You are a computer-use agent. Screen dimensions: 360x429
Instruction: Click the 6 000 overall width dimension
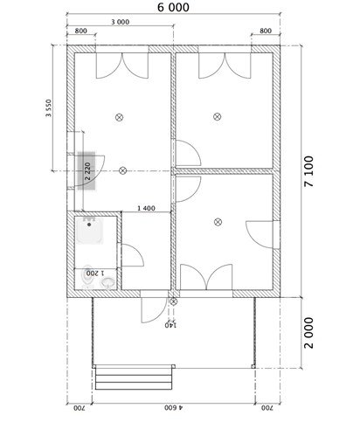(173, 7)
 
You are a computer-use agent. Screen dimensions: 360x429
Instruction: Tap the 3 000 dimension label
(121, 22)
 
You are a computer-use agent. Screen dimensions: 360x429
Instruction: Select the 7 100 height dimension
(308, 171)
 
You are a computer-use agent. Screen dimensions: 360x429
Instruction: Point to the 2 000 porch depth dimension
(308, 333)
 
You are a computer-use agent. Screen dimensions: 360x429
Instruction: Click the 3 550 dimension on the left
(49, 108)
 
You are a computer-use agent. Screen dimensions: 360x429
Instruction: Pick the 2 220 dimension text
(87, 171)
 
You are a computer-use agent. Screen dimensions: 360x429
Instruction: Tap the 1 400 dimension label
(146, 208)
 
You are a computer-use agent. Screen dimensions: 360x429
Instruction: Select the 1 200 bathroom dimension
(95, 273)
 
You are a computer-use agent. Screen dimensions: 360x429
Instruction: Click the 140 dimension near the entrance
(170, 325)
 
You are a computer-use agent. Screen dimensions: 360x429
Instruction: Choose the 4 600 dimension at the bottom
(173, 407)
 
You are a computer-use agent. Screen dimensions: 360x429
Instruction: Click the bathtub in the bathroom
(90, 230)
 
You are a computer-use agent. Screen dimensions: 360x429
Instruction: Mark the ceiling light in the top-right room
(217, 117)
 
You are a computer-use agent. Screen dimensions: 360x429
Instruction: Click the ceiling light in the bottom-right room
(218, 222)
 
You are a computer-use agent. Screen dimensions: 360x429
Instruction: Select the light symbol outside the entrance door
(173, 301)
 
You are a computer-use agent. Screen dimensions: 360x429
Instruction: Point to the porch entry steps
(134, 377)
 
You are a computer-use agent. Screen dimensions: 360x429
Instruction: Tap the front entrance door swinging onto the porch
(154, 310)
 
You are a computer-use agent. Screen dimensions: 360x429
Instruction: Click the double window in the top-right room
(225, 66)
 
